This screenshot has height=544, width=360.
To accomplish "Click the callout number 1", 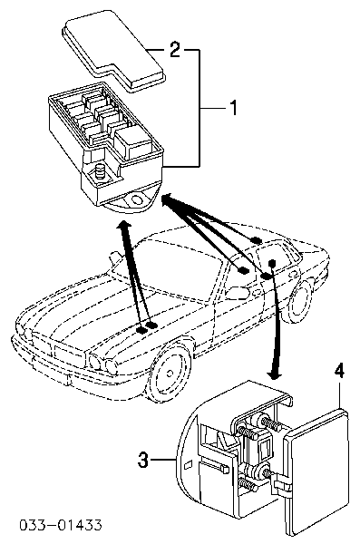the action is point(234,108).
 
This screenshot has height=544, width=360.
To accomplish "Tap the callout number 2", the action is point(175,50).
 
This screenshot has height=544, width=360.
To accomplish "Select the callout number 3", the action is point(143,460).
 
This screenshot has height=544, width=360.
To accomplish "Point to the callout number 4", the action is point(339,371).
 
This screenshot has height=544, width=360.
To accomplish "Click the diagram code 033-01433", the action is point(61,525).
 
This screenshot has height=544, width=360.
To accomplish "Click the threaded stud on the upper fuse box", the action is point(102,171).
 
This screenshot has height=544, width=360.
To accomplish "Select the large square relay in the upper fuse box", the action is point(133,143).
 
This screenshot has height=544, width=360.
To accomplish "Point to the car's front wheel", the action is point(170,374).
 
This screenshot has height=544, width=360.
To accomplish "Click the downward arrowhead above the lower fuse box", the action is point(274,374).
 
